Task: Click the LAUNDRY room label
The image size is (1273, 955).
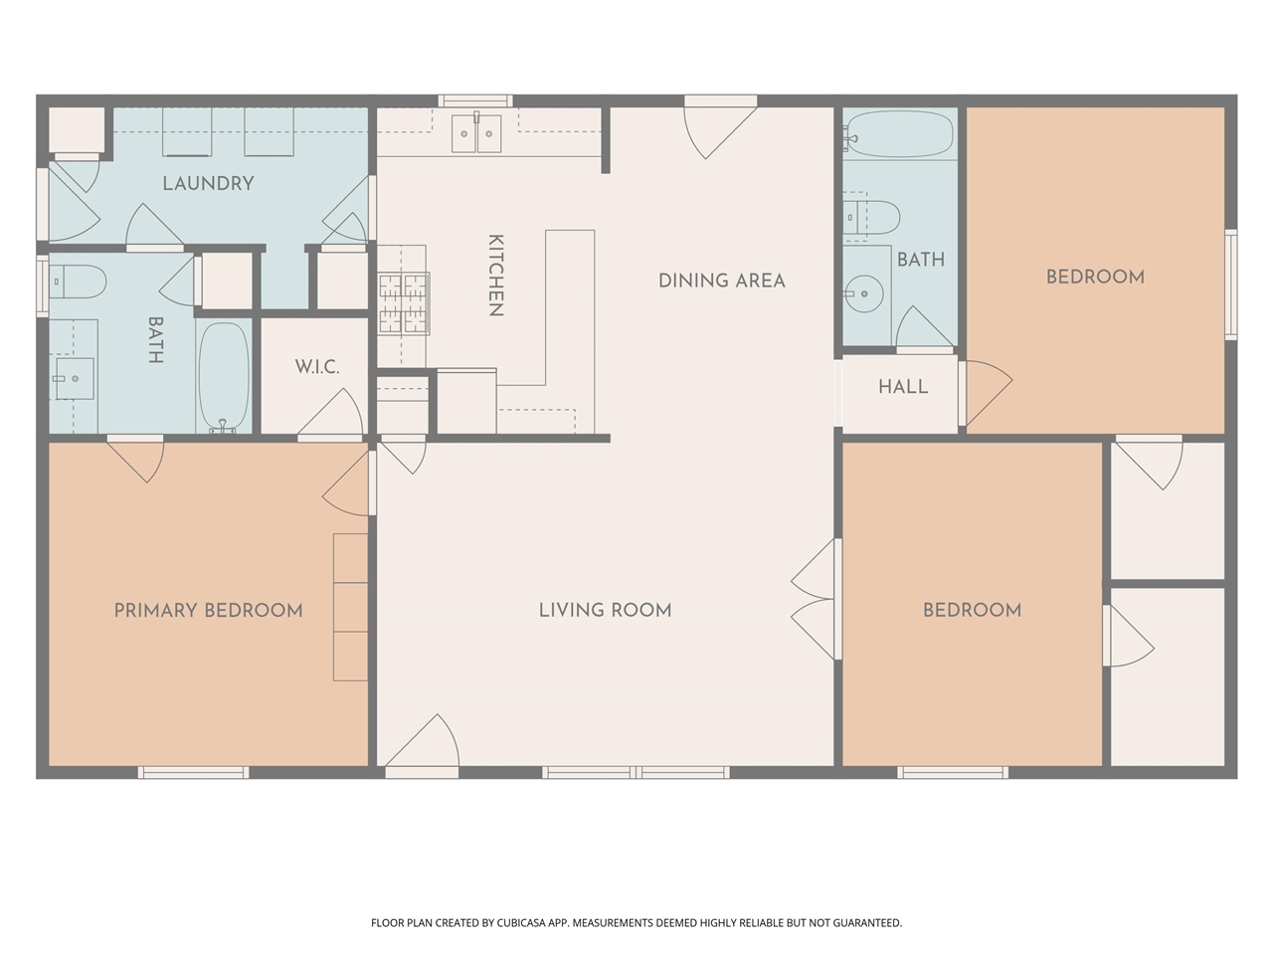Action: tap(208, 184)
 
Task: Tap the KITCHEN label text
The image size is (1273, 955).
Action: tap(495, 276)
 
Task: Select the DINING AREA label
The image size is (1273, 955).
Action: tap(722, 282)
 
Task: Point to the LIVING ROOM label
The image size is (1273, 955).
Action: tap(605, 611)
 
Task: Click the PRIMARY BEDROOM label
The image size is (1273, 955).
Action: tap(208, 611)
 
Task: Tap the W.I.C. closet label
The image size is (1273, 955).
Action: tap(317, 367)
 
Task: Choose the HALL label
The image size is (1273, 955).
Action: tap(903, 387)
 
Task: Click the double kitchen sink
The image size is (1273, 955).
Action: tap(476, 133)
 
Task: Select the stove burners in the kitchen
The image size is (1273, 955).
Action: tap(404, 303)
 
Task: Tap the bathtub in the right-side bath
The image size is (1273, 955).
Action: tap(898, 134)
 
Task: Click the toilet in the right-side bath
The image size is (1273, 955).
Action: tap(871, 218)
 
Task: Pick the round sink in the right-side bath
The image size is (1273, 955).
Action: tap(864, 294)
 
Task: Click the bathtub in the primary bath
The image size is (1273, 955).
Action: tap(224, 377)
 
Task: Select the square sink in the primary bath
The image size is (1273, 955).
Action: tap(75, 379)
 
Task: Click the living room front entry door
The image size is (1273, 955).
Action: tap(423, 746)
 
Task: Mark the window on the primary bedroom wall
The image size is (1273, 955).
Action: tap(194, 772)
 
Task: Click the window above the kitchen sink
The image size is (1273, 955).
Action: tap(475, 100)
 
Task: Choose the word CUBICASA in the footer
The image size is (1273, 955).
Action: tap(521, 922)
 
